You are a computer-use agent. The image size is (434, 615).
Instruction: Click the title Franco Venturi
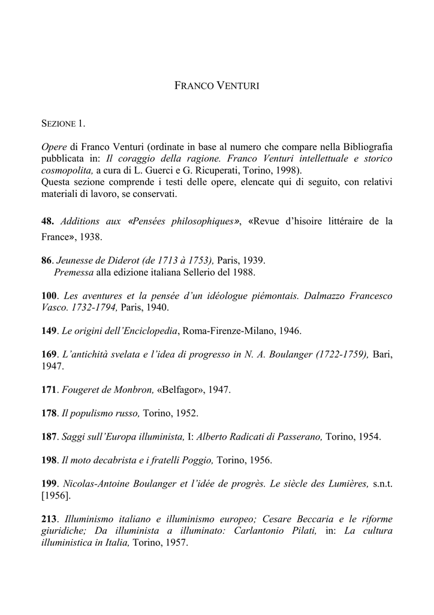(216, 86)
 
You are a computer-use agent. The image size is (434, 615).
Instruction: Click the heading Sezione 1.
(64, 124)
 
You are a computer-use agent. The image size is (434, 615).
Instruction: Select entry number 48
(47, 222)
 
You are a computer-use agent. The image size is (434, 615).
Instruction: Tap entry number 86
(48, 261)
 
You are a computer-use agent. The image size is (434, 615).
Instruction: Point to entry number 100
(50, 296)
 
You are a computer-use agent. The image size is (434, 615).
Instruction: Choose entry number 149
(50, 331)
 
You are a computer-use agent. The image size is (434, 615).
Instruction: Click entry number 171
(50, 390)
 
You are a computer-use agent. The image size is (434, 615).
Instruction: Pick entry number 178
(50, 413)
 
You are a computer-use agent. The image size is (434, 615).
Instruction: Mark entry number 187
(50, 437)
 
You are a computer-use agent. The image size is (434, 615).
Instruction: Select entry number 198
(50, 461)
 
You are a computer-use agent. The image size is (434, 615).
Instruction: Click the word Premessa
(74, 272)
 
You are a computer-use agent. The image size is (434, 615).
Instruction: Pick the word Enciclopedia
(152, 331)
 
